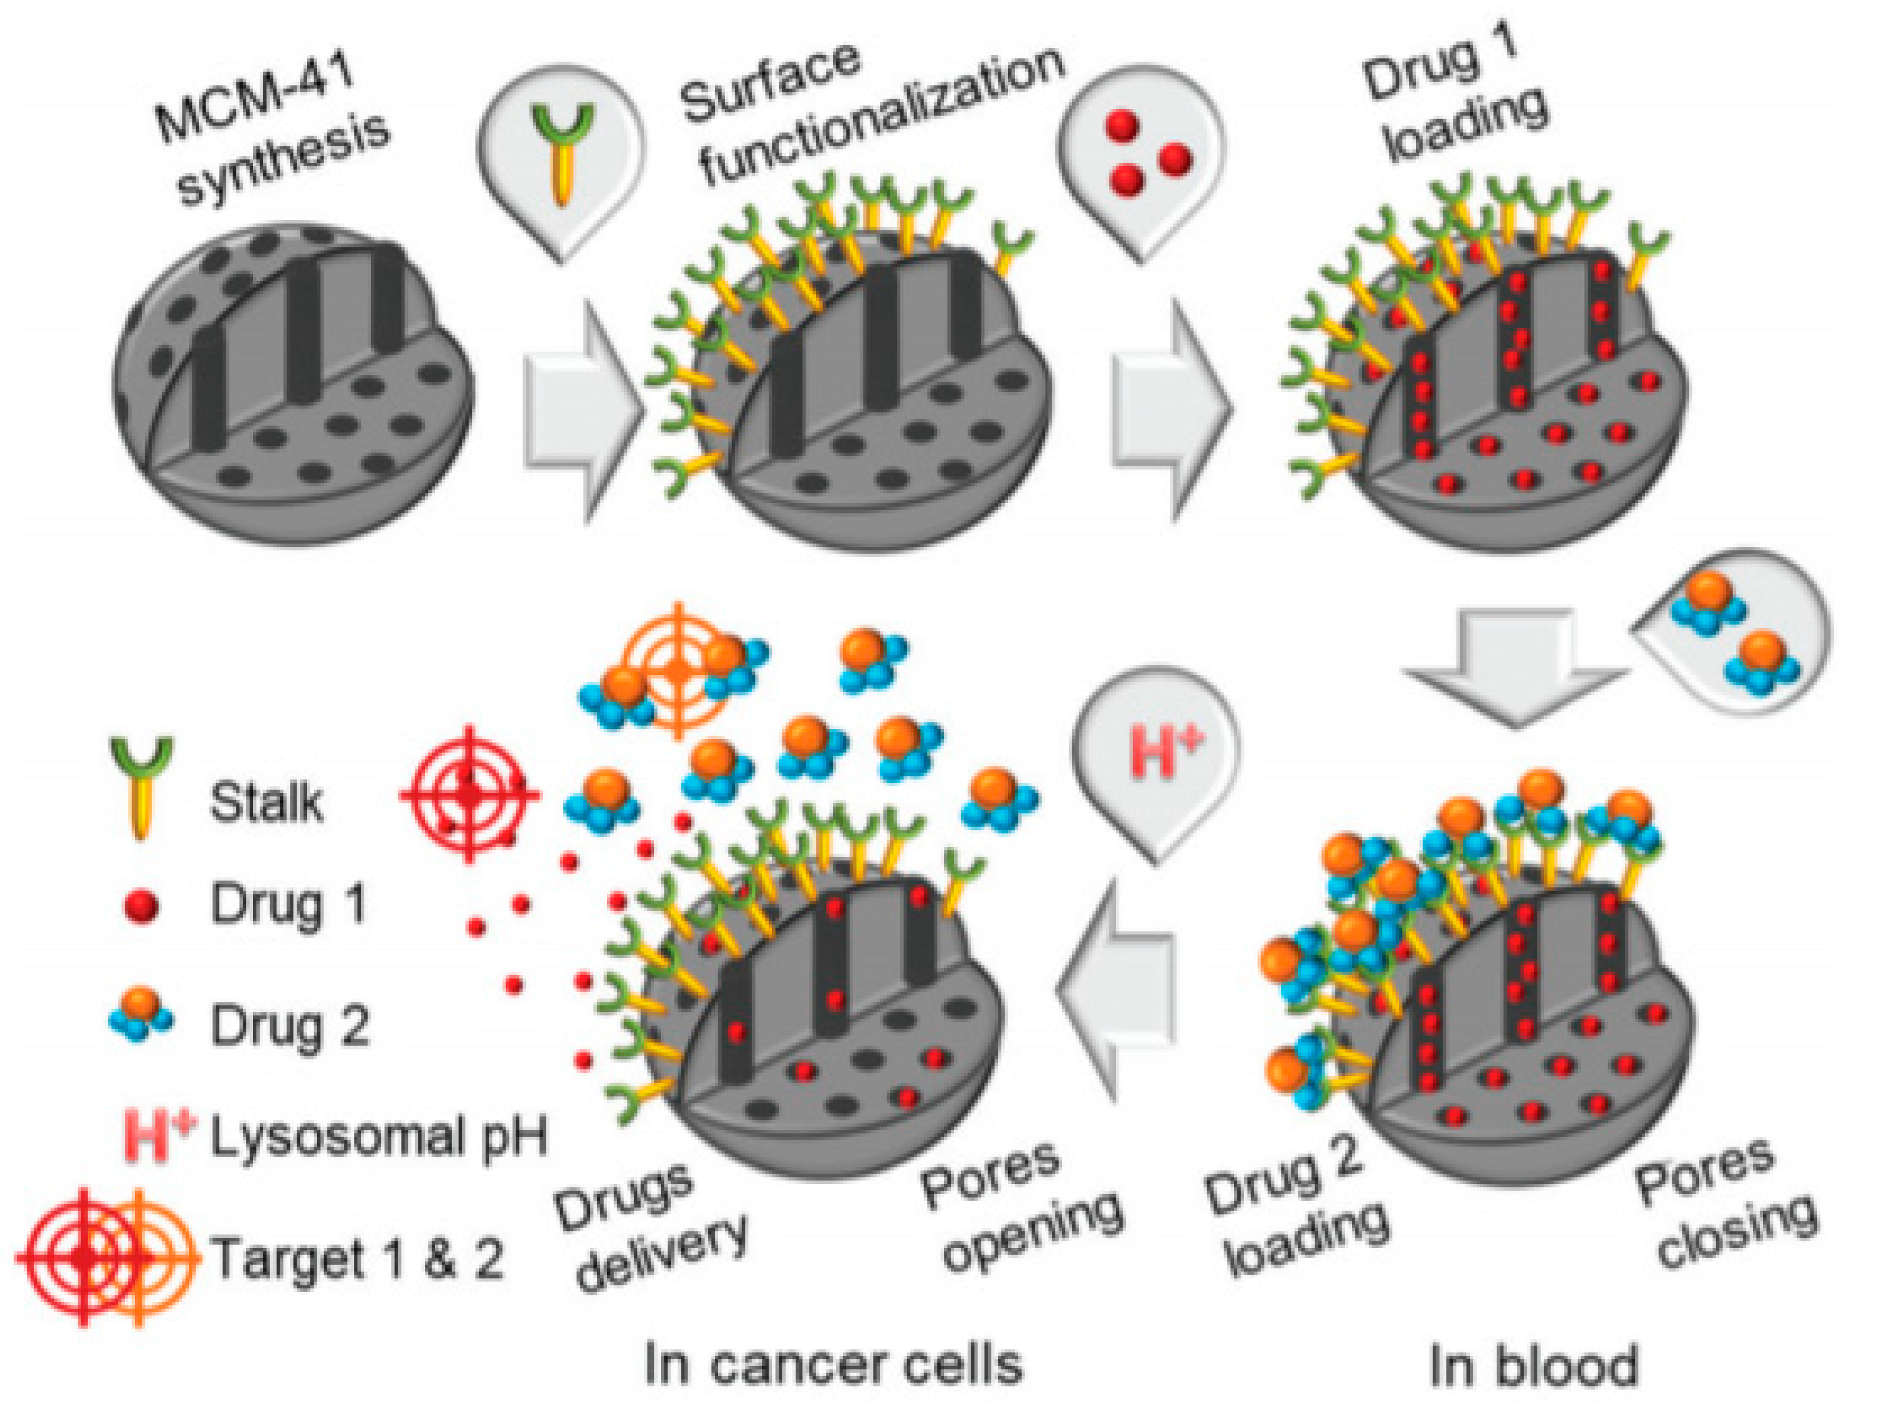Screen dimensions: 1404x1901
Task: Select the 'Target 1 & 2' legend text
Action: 357,1258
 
